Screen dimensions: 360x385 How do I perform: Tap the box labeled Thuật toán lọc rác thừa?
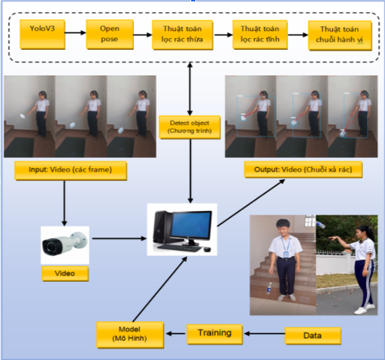(182, 35)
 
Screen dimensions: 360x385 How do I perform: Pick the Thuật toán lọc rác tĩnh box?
(259, 35)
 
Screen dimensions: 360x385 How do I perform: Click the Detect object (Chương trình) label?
(189, 126)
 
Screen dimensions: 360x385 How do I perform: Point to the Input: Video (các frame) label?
(71, 171)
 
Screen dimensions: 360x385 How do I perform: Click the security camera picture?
(64, 244)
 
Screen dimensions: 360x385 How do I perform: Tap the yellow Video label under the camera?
(65, 273)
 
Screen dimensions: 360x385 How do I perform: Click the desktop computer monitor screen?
(191, 224)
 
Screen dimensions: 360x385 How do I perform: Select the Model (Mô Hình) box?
(130, 334)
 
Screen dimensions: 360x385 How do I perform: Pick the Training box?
(214, 332)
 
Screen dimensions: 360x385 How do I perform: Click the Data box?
(313, 335)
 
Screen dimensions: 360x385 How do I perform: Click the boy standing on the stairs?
(283, 258)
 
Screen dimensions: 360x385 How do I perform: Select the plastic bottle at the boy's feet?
(269, 290)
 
